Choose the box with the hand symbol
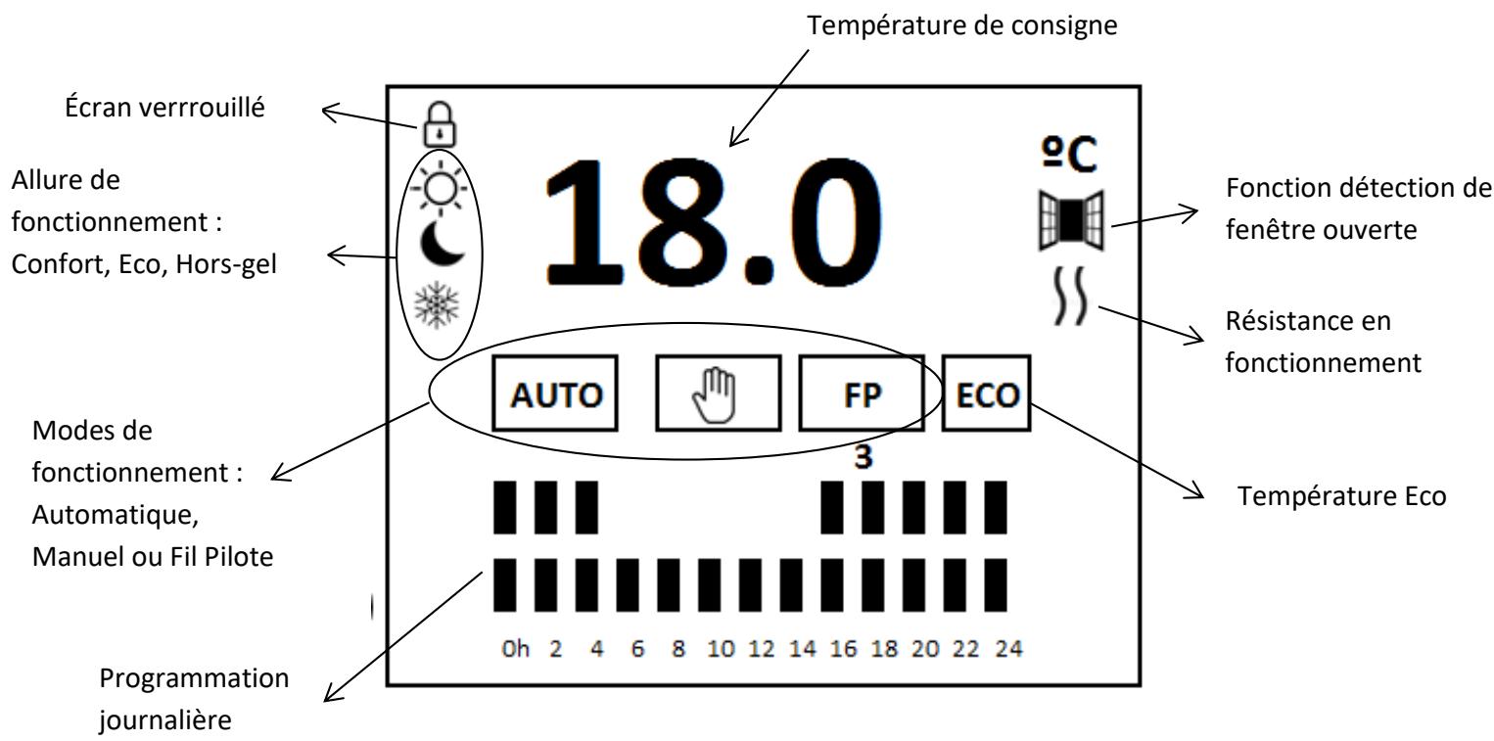click(718, 394)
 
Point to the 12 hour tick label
click(753, 650)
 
